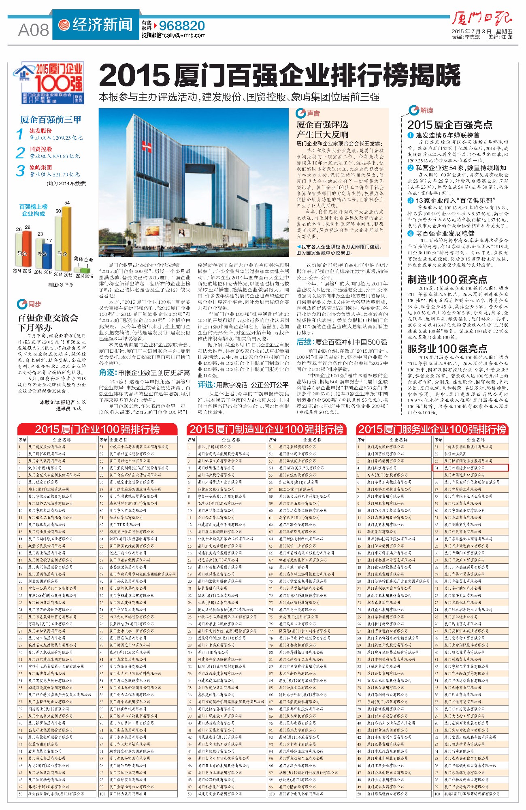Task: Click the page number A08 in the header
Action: [33, 30]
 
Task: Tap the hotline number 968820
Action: [182, 26]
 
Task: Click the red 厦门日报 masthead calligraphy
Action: [482, 19]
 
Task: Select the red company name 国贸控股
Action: [40, 149]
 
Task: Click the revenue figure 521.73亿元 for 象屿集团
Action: [55, 175]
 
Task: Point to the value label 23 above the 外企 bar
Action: [40, 234]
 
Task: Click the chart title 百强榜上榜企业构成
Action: [34, 210]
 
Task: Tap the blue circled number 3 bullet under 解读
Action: [411, 200]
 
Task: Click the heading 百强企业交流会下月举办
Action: [48, 323]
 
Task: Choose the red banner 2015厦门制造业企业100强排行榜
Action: [266, 429]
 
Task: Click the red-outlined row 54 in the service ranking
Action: [470, 468]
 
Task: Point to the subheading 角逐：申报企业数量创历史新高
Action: [144, 373]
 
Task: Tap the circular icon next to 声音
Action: [300, 113]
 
